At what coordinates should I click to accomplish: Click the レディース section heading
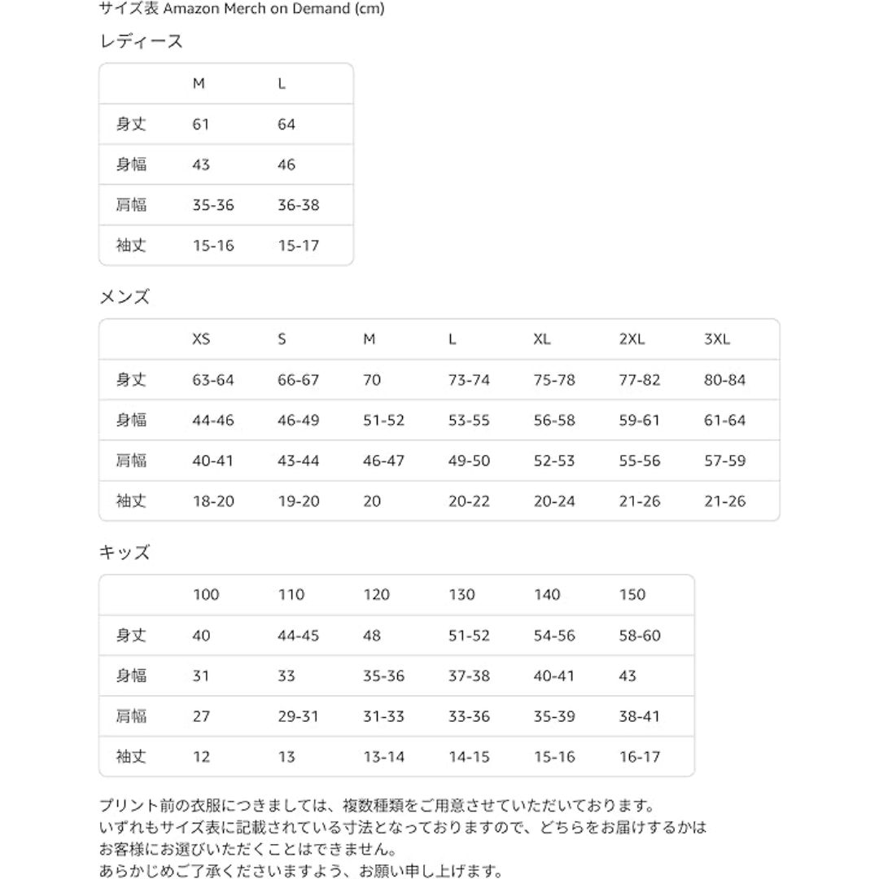141,42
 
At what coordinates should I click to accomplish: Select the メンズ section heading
125,297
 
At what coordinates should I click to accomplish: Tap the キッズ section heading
125,553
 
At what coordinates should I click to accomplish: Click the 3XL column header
717,339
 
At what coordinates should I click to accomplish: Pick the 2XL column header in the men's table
632,339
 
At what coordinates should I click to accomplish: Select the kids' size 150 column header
632,595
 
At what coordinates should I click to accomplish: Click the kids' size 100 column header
206,595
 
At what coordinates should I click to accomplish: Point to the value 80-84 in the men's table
724,380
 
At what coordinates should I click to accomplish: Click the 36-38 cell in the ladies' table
298,205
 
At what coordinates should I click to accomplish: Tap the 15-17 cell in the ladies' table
298,246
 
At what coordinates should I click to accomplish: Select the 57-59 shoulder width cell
724,461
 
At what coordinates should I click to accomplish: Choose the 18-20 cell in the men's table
213,501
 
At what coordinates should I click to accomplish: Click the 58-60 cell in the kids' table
640,636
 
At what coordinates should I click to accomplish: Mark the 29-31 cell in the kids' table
298,716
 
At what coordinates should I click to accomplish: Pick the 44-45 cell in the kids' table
298,636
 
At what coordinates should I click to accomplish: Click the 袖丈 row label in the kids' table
131,757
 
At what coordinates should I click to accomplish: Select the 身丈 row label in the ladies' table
131,125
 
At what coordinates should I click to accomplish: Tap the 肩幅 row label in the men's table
131,461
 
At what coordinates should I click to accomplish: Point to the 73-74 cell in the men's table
469,380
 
